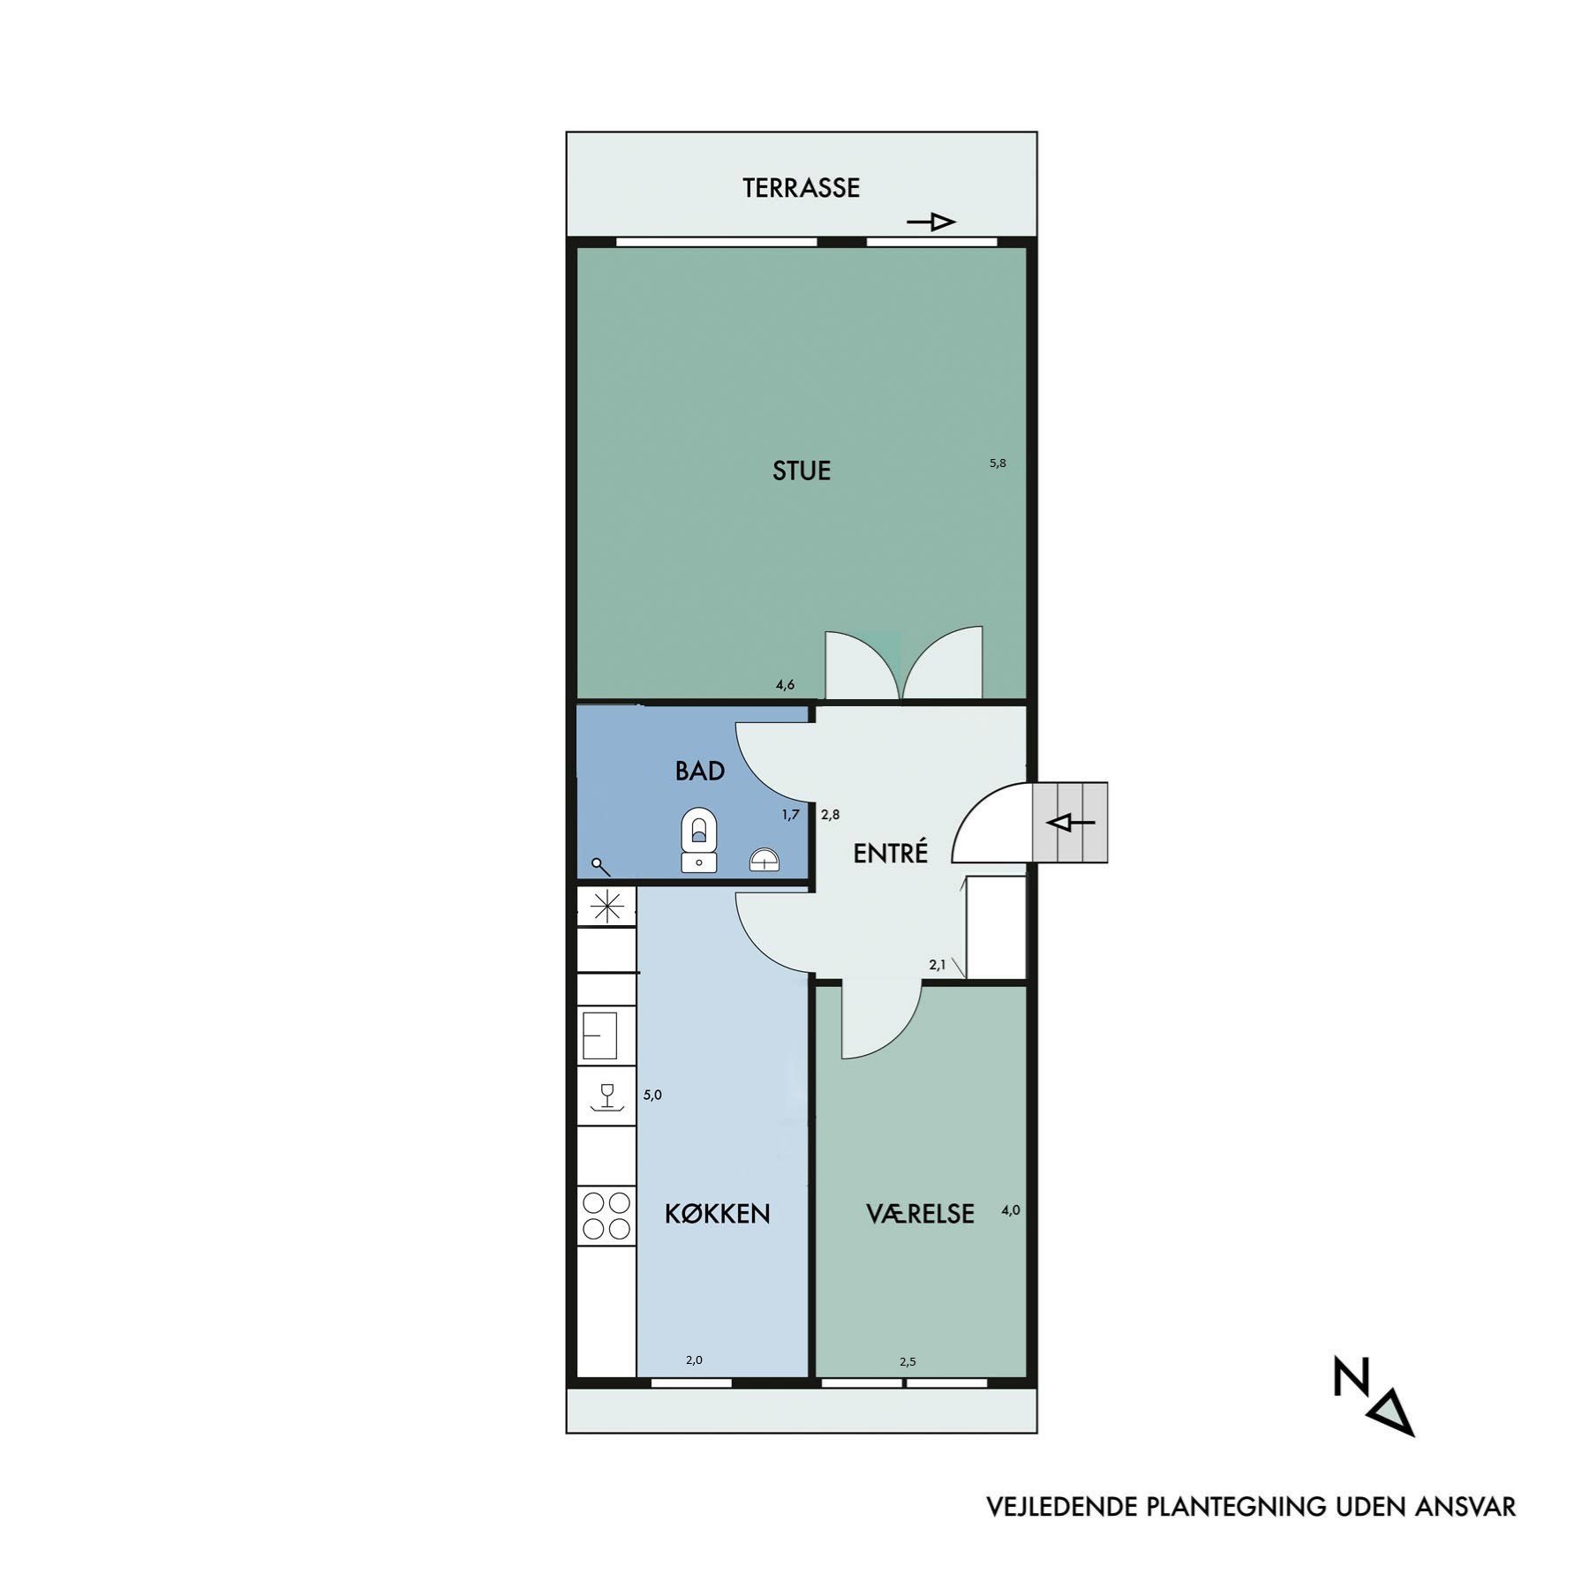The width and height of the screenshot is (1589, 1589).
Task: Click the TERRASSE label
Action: (801, 188)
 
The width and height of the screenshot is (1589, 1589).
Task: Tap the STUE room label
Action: (802, 471)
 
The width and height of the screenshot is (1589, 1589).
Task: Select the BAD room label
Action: (700, 772)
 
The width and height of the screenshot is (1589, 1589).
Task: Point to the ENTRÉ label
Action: (891, 853)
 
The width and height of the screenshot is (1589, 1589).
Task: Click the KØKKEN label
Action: (718, 1214)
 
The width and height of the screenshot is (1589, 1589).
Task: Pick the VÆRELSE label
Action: (920, 1214)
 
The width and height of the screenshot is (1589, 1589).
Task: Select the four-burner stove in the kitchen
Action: (606, 1216)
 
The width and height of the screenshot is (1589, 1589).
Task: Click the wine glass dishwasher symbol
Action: (606, 1098)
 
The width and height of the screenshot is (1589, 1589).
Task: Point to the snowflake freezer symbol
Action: (606, 907)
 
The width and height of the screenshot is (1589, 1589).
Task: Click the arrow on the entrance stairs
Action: (1070, 823)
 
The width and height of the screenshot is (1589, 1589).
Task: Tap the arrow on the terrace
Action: (931, 222)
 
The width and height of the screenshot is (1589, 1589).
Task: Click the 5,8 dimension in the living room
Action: (998, 463)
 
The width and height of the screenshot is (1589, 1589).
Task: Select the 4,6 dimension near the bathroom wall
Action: (786, 684)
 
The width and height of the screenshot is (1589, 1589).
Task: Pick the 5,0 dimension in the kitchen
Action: (652, 1095)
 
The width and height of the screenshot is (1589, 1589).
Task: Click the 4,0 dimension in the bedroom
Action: (1011, 1210)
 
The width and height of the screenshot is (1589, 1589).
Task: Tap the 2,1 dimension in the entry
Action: (938, 965)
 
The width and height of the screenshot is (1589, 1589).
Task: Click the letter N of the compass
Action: (1348, 1378)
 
